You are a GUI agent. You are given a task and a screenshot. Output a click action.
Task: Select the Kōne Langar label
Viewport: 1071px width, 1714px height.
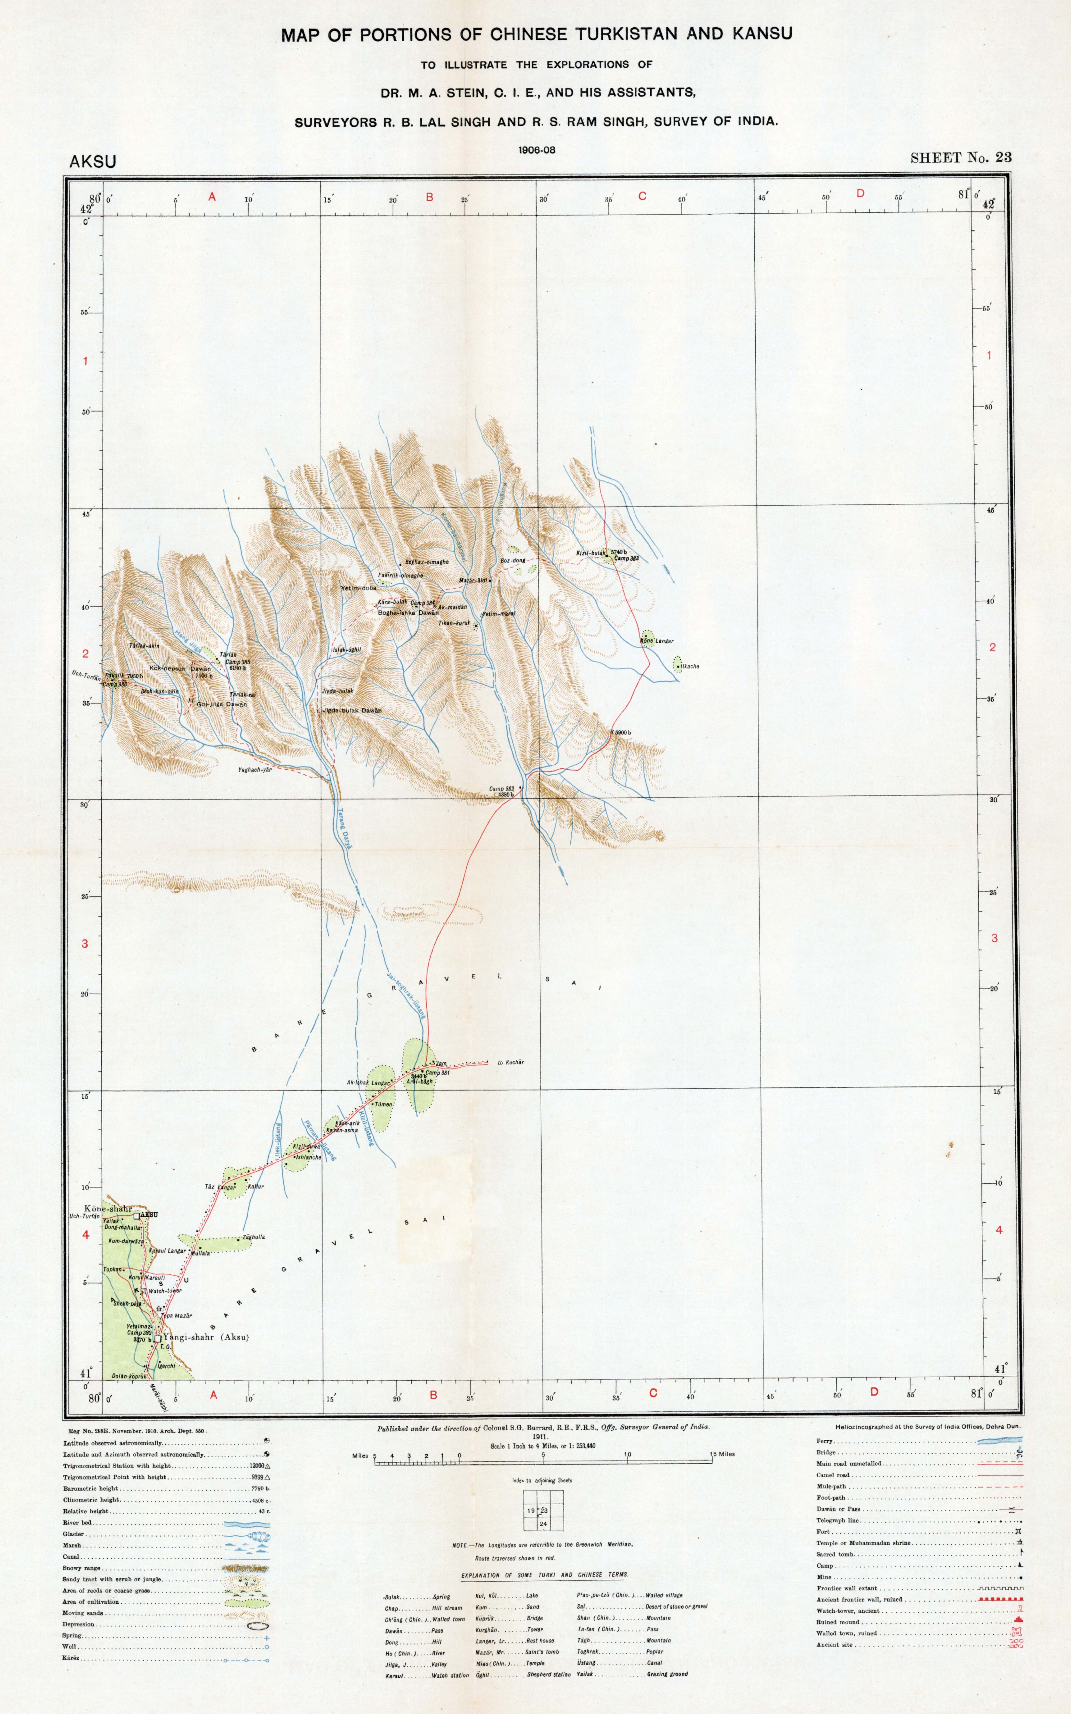point(657,641)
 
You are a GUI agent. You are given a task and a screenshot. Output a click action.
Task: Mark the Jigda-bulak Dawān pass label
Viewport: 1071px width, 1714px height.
point(352,710)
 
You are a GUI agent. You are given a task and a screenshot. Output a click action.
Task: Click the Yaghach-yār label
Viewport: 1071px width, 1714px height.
point(255,770)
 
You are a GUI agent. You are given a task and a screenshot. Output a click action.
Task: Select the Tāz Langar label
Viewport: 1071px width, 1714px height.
point(220,1186)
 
